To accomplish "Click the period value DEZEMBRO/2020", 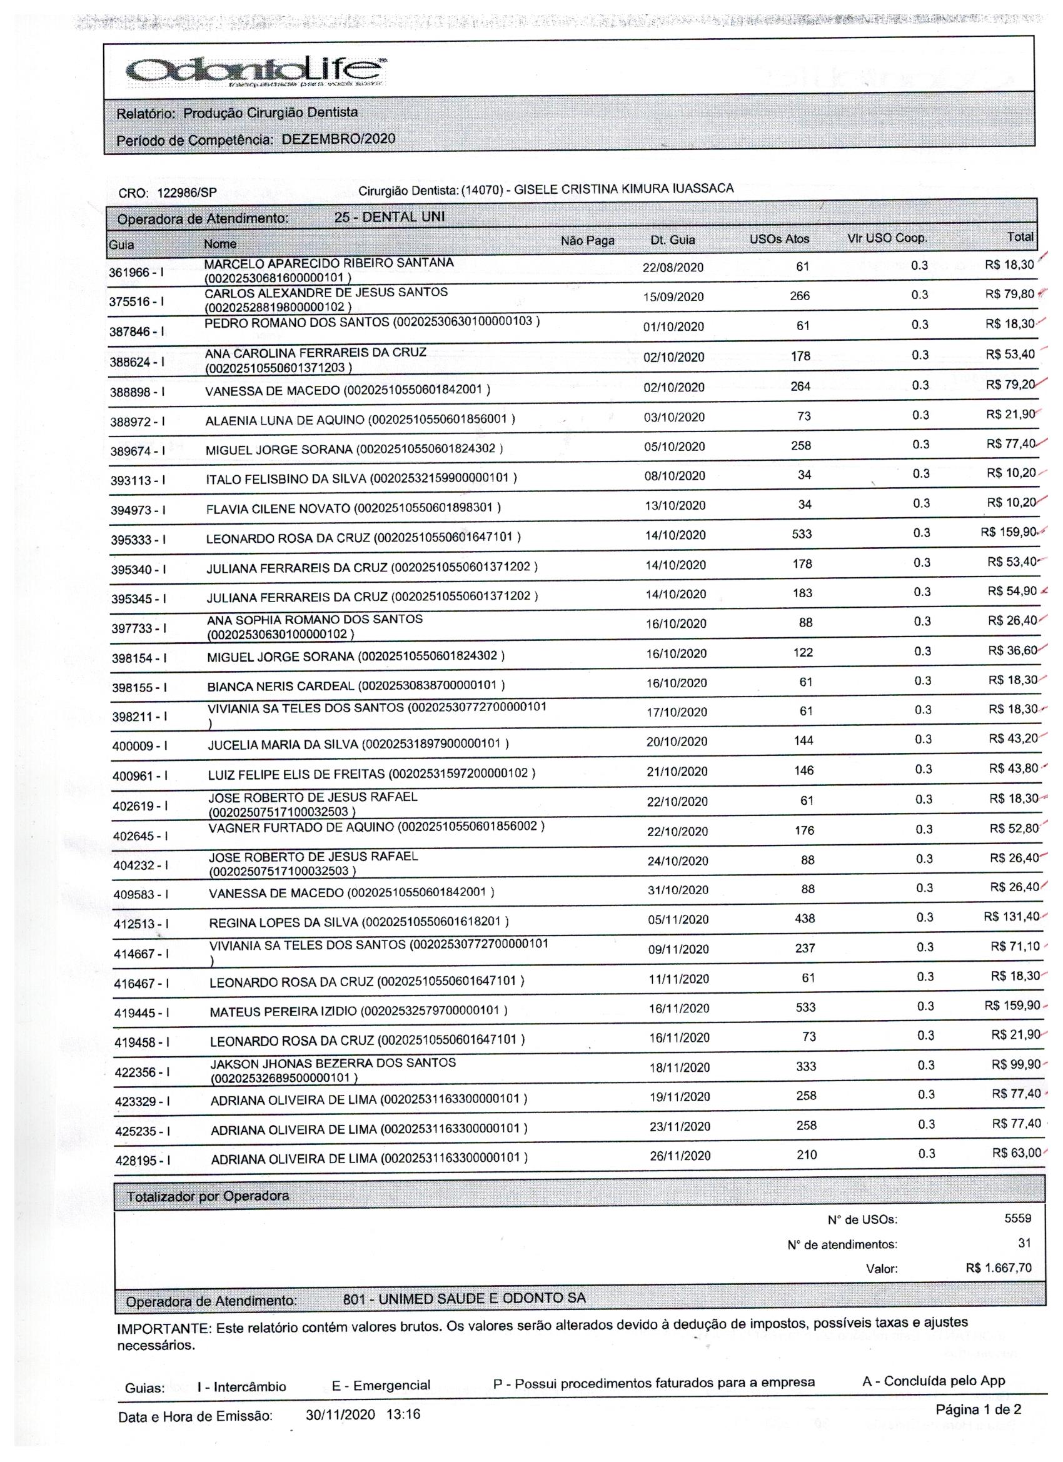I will [x=338, y=139].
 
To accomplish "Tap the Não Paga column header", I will [x=587, y=241].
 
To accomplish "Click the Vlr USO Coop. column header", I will [x=887, y=238].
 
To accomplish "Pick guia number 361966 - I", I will [x=136, y=272].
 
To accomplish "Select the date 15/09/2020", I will [x=673, y=296].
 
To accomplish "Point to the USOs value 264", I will [x=800, y=386].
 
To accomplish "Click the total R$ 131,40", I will [x=1010, y=916].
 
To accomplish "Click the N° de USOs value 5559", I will [x=1017, y=1218].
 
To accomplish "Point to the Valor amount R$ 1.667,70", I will [x=998, y=1268].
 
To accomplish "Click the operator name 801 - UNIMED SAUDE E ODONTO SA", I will [x=464, y=1298].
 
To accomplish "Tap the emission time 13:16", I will [x=403, y=1414].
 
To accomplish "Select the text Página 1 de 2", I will [x=978, y=1409].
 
